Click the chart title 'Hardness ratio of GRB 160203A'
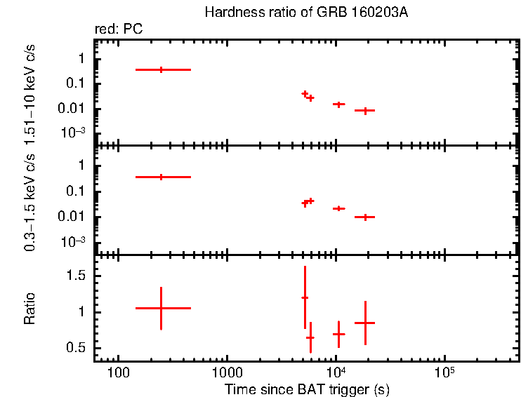click(x=305, y=13)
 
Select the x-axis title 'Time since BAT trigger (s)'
click(x=307, y=389)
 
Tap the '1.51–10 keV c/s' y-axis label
click(x=29, y=91)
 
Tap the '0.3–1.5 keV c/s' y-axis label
click(x=29, y=202)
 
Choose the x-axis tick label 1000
click(x=226, y=371)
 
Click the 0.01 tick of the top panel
click(x=73, y=108)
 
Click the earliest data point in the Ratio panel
click(x=161, y=308)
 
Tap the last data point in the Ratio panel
click(x=365, y=323)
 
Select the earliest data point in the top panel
click(x=161, y=69)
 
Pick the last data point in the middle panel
click(x=365, y=217)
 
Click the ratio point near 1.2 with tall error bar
click(x=305, y=297)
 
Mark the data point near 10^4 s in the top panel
click(x=338, y=104)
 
